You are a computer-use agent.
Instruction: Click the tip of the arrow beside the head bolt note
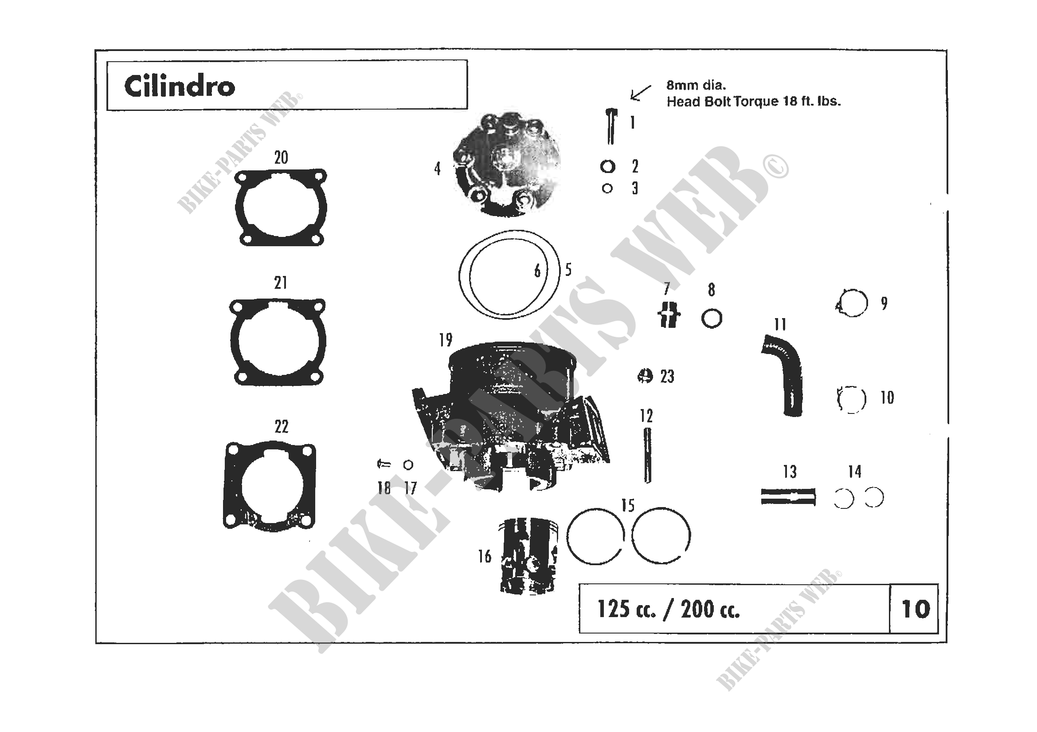pos(631,99)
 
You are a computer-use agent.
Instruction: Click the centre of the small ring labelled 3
pos(607,189)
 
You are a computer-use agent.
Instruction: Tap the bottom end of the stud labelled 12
pos(648,483)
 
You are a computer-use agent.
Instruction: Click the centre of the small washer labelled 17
pos(408,464)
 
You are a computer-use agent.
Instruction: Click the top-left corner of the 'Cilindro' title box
pos(107,60)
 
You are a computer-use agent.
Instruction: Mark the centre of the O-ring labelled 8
pos(712,319)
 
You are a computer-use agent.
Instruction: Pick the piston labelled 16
pos(528,556)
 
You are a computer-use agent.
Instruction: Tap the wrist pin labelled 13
pos(788,496)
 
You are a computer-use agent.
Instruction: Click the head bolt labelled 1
pos(611,126)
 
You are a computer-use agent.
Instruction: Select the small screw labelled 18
pos(383,464)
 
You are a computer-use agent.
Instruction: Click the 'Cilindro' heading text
pos(180,86)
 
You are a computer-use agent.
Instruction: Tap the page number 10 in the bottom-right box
pos(916,609)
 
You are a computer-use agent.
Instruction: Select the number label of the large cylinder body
pos(445,340)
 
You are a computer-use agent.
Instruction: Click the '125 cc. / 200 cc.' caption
pos(669,609)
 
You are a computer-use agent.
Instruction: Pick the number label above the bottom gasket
pos(282,426)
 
